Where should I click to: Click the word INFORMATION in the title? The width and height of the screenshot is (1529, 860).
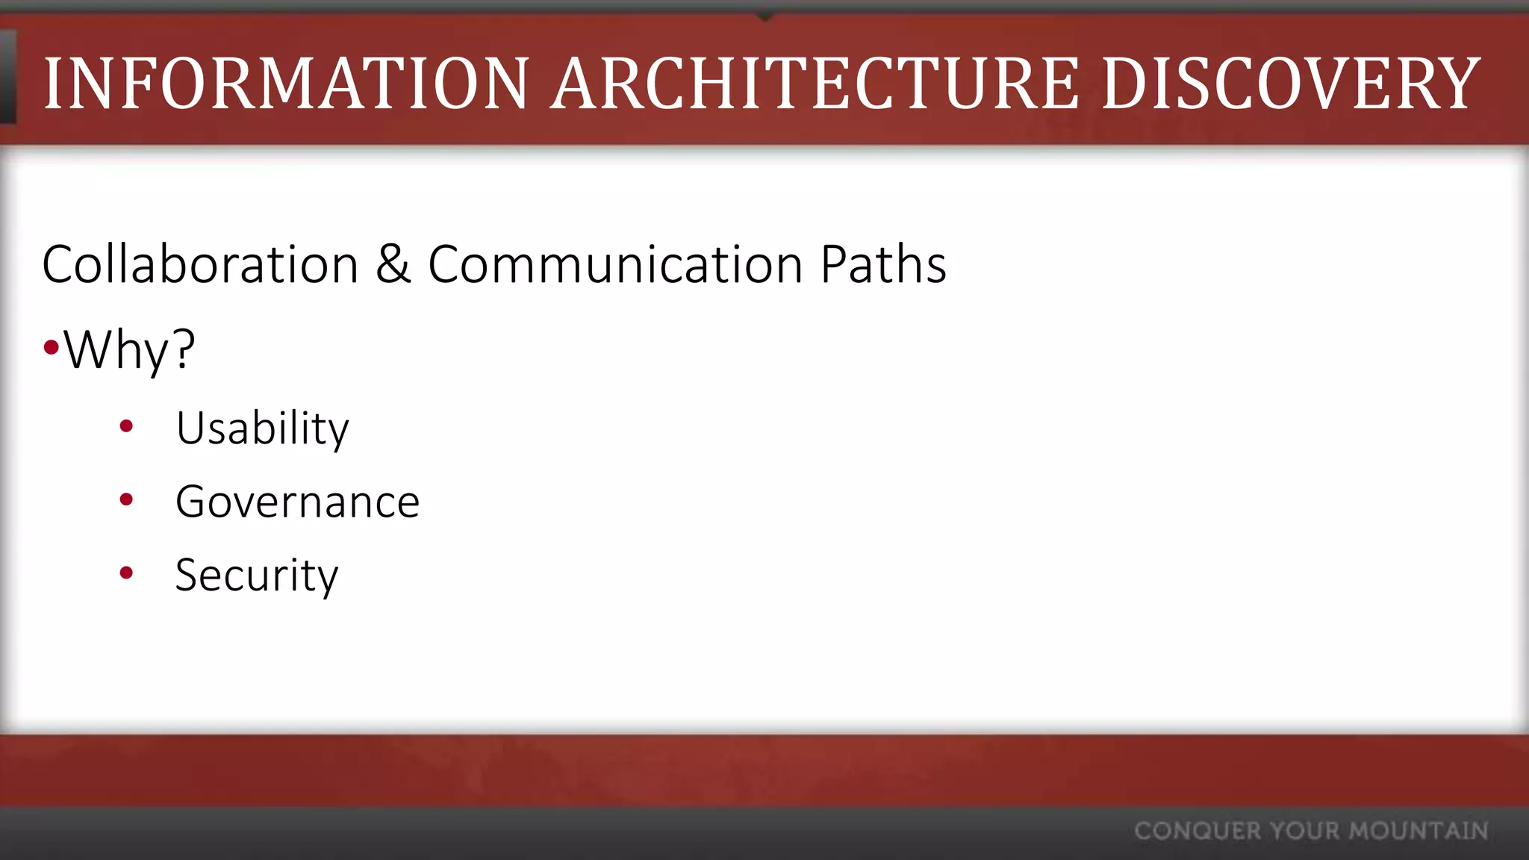287,84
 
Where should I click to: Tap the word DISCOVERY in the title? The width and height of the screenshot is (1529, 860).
1291,84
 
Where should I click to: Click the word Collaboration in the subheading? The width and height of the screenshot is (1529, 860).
200,265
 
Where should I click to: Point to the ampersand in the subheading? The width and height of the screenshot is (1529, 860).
393,265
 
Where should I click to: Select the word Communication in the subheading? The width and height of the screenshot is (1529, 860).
615,265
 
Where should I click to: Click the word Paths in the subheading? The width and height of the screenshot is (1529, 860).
883,265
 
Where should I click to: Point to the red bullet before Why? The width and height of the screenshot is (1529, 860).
51,347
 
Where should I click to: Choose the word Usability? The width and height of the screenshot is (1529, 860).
262,429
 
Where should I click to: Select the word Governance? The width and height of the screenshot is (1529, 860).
297,502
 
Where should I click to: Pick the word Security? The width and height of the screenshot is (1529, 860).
257,576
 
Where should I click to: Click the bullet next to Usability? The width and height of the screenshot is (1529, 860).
126,426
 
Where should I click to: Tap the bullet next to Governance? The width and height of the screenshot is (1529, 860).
126,499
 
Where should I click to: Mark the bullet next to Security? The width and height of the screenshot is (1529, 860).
126,573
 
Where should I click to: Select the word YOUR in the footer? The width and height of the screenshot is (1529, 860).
1304,831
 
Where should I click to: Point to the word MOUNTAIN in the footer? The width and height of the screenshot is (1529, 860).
1419,831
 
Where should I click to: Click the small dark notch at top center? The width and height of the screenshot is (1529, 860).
764,15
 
